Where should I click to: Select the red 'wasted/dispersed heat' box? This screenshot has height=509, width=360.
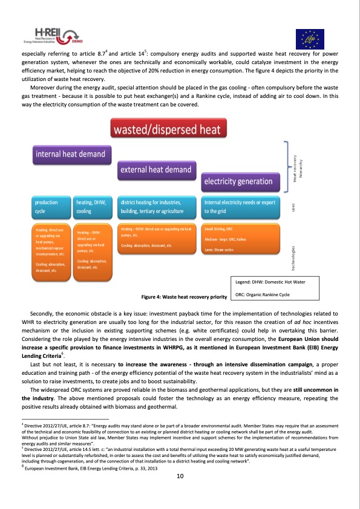point(169,128)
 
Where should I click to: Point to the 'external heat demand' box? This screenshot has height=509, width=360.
point(156,170)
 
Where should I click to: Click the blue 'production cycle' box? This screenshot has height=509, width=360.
point(51,207)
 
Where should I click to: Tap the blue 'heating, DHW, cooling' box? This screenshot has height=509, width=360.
point(93,207)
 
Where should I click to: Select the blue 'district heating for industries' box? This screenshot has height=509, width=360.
point(158,207)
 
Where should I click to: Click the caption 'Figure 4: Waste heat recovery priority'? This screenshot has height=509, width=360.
point(183,297)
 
